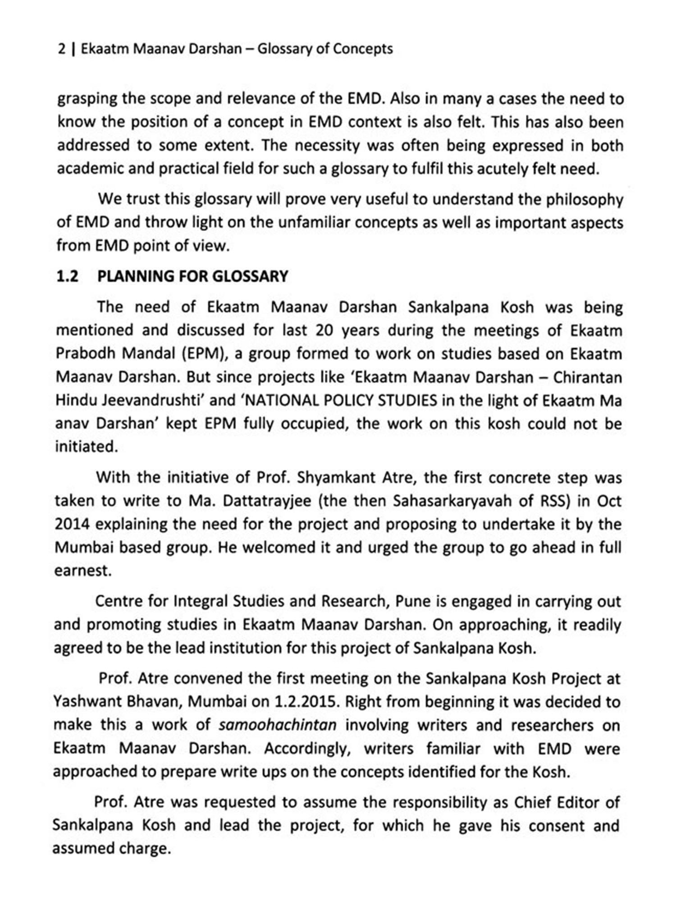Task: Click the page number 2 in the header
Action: click(x=61, y=49)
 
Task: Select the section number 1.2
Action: click(x=67, y=276)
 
